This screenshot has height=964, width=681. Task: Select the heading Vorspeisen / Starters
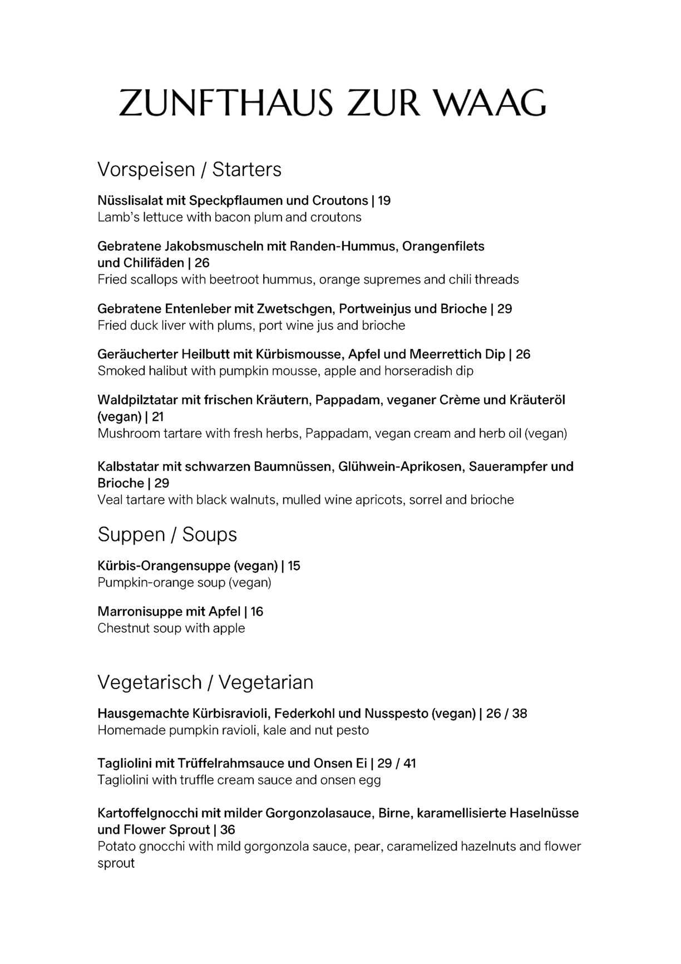pyautogui.click(x=189, y=169)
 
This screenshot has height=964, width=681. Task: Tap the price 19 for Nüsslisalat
pyautogui.click(x=384, y=200)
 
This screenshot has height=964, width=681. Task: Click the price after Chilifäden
pyautogui.click(x=202, y=263)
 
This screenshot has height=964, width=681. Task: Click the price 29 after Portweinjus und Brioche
pyautogui.click(x=505, y=309)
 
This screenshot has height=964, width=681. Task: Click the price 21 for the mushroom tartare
pyautogui.click(x=158, y=417)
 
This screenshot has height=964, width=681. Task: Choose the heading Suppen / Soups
pyautogui.click(x=167, y=534)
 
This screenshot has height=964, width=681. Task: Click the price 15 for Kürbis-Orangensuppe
pyautogui.click(x=294, y=566)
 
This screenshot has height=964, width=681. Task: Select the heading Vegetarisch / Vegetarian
pyautogui.click(x=205, y=682)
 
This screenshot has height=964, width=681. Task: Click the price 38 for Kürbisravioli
pyautogui.click(x=520, y=714)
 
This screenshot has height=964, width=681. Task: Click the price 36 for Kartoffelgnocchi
pyautogui.click(x=228, y=830)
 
